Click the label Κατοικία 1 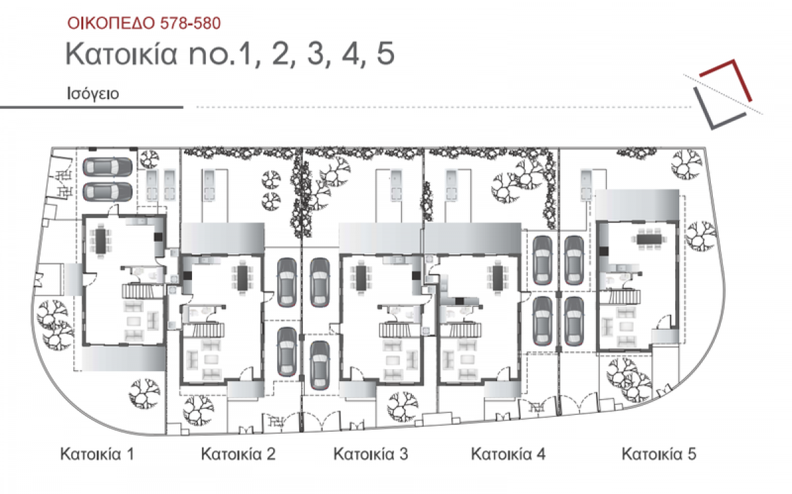(97, 454)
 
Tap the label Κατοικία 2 (238, 454)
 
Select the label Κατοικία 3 (370, 454)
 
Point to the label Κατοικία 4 (508, 454)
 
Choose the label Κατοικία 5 (659, 454)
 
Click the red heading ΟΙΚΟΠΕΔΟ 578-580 (144, 23)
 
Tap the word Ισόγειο (93, 94)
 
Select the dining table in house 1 (100, 241)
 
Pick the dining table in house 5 (649, 239)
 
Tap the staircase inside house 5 (619, 297)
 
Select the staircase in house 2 (204, 330)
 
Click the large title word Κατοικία (121, 53)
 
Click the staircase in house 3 (401, 330)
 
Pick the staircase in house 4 (461, 330)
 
